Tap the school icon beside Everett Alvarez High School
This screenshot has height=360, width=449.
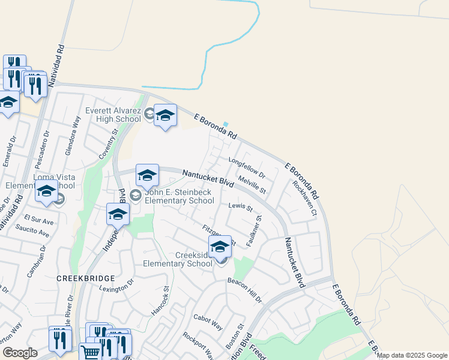pos(165,116)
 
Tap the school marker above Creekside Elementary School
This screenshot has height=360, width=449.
pos(220,247)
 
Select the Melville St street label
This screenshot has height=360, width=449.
pos(252,184)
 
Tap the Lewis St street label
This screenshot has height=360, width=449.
pos(240,207)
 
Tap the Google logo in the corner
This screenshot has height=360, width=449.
pos(20,352)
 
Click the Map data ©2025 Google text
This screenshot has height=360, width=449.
pos(412,355)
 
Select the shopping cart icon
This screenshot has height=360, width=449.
pos(89,352)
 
